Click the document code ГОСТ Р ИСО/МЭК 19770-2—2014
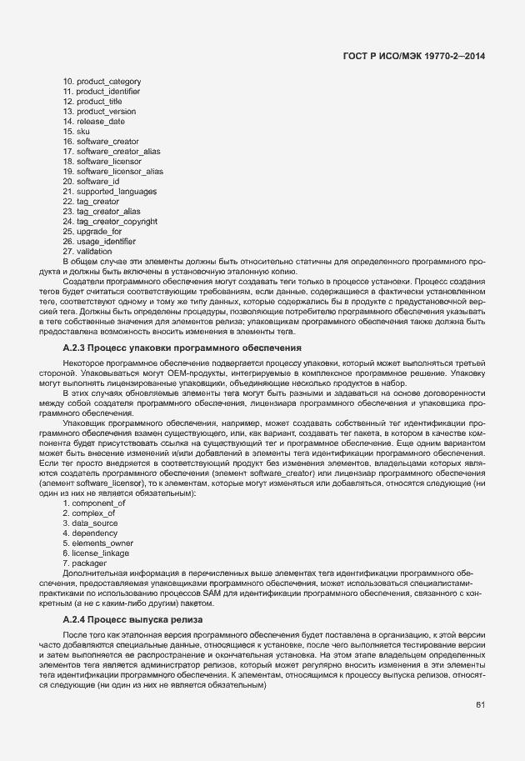414,55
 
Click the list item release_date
94,121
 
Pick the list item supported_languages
110,192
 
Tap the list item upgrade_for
92,231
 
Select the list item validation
87,251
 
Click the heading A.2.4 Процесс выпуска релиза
133,621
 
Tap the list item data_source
92,523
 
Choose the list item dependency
89,533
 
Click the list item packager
87,563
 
